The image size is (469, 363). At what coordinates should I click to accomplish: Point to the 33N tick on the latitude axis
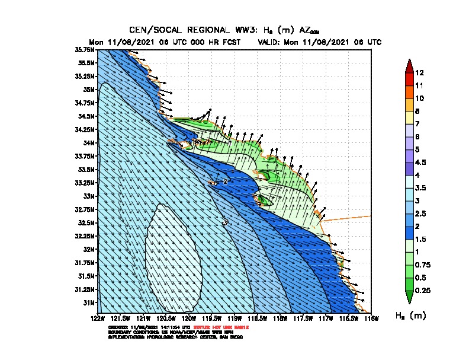89,196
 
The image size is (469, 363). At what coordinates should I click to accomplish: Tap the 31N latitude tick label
90,302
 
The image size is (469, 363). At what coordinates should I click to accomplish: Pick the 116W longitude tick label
370,319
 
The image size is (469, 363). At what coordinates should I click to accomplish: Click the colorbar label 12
419,73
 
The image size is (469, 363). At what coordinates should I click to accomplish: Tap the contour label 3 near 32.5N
225,222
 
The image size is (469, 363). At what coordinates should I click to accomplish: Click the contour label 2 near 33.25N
225,181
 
